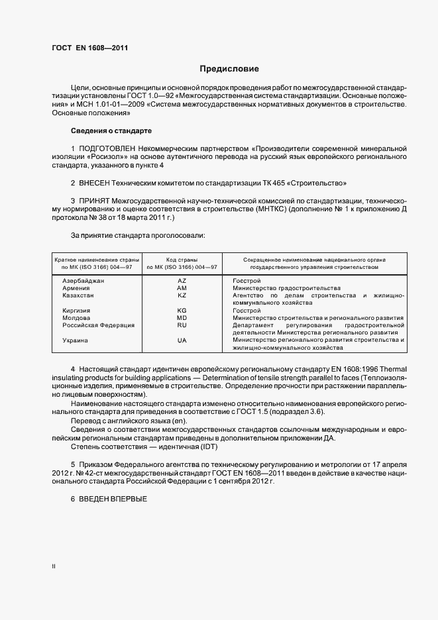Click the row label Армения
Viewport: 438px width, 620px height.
pos(76,288)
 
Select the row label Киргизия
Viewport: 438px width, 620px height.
pos(77,311)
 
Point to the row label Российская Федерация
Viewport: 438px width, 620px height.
pos(99,325)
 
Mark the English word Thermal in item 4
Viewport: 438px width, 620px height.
pos(394,368)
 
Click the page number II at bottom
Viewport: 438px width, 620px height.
pos(54,567)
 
